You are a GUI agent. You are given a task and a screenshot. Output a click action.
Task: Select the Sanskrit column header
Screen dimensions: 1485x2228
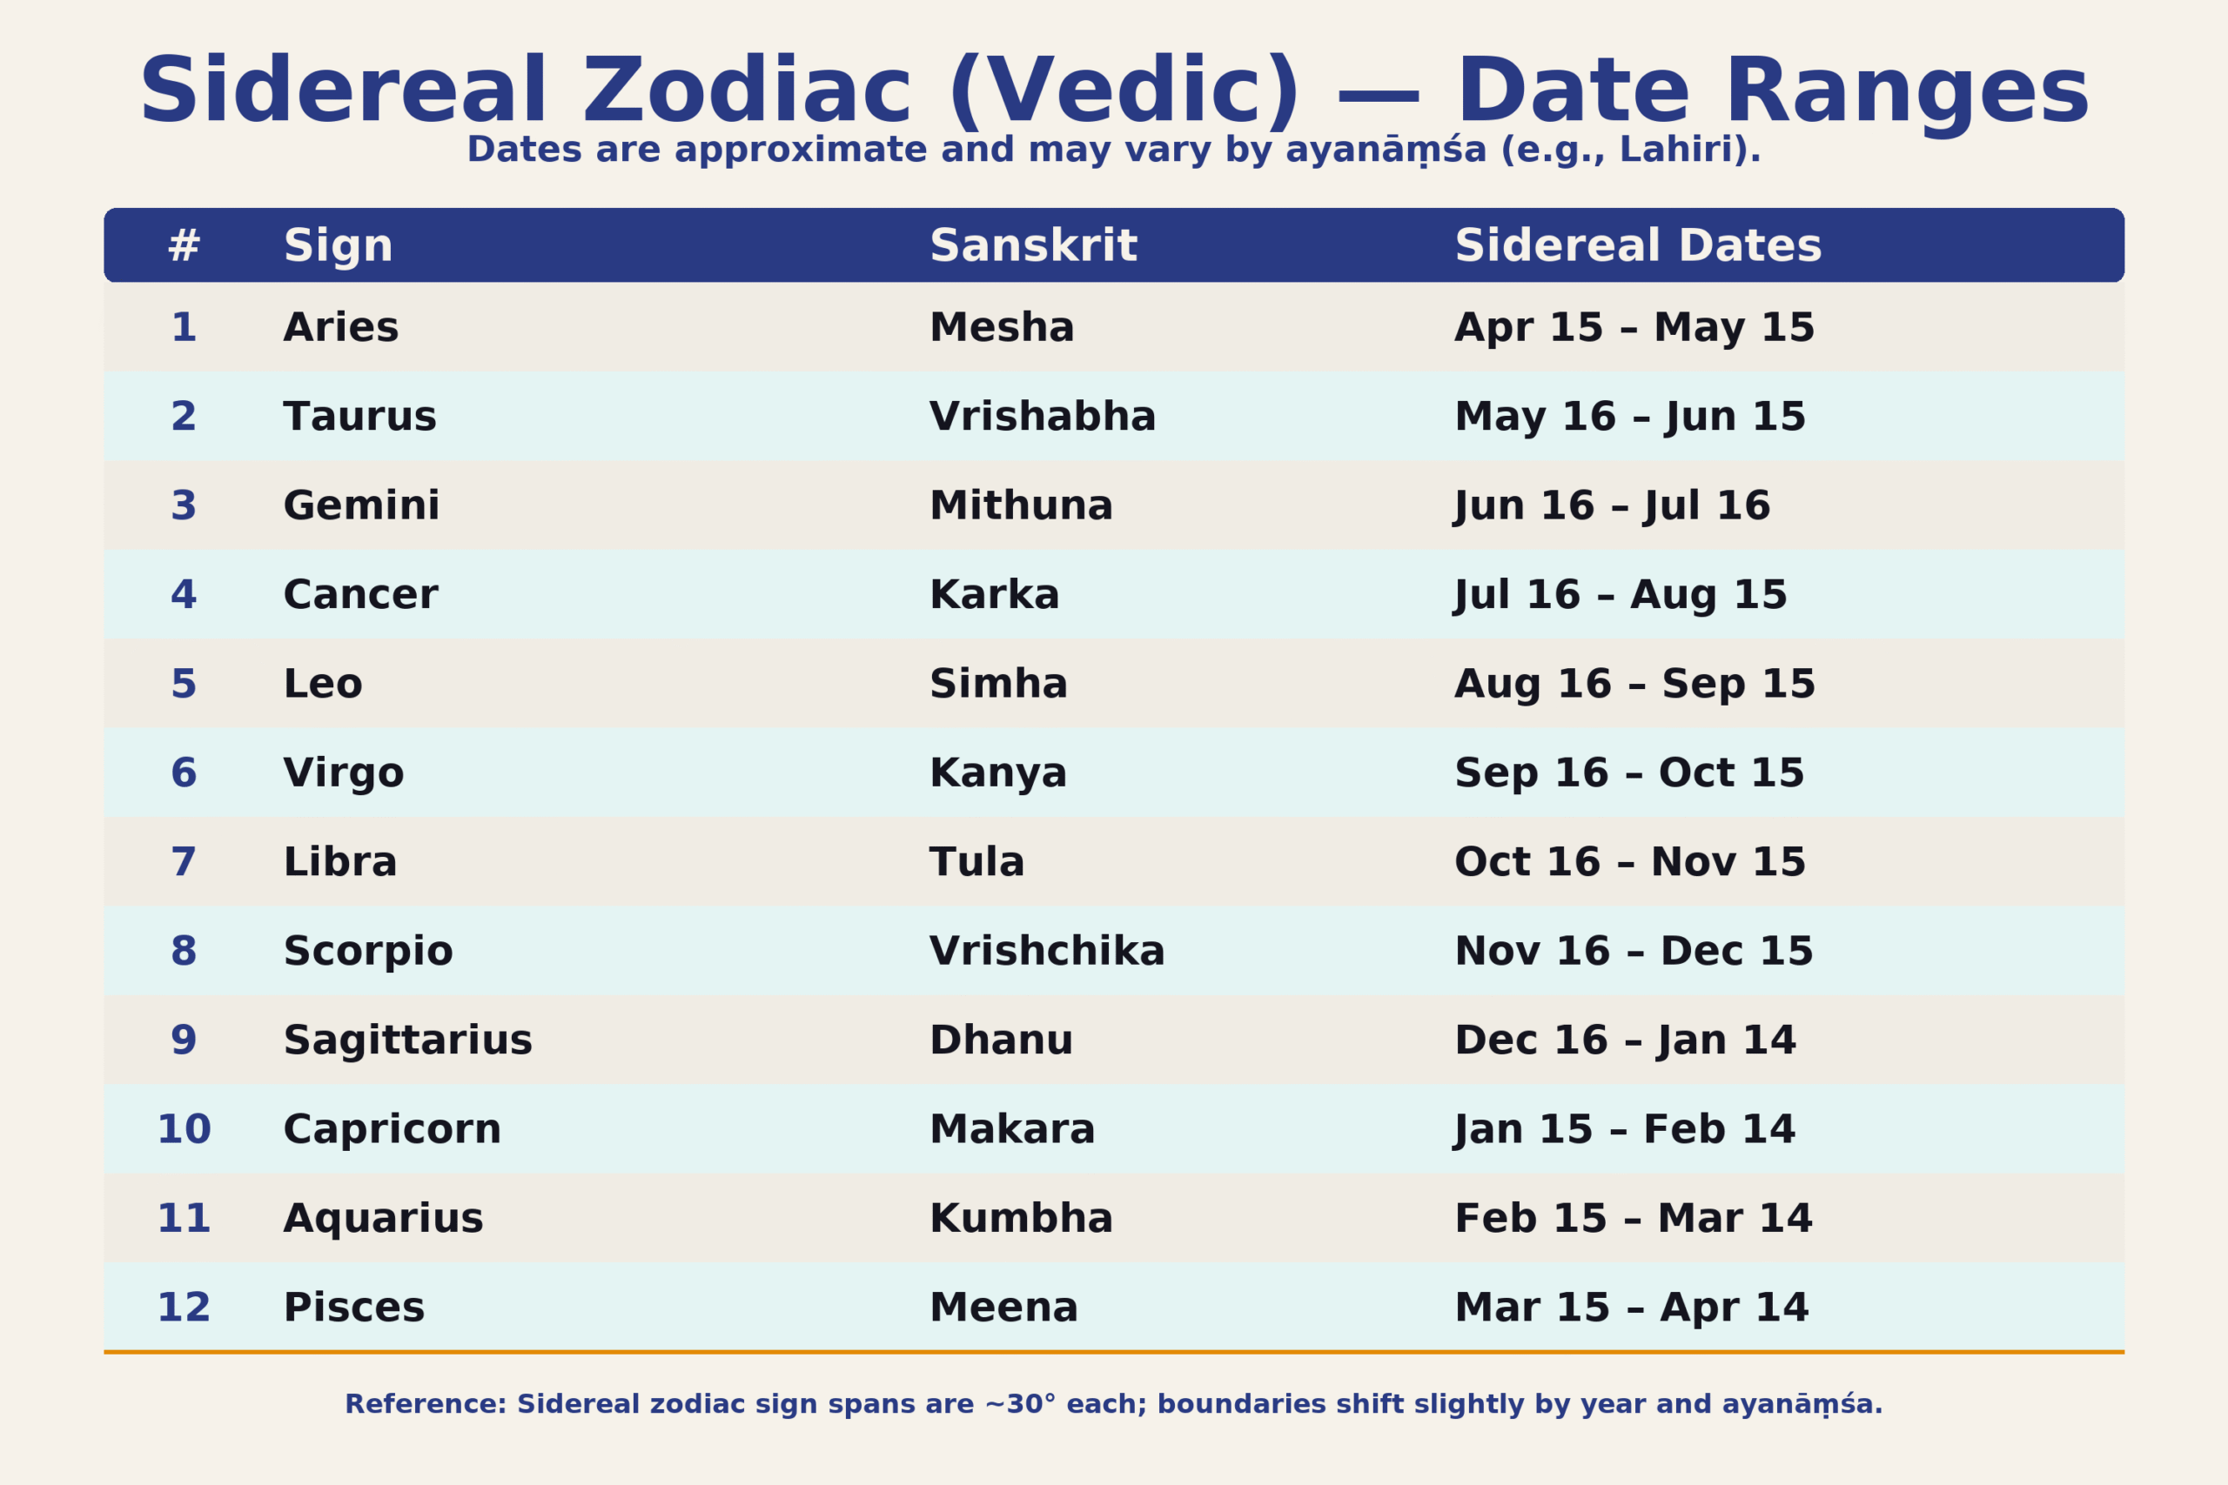pos(1032,246)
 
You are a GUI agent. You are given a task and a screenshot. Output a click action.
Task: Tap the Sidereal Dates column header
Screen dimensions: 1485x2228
pos(1638,246)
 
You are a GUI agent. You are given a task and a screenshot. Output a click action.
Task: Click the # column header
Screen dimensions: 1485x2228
pos(184,246)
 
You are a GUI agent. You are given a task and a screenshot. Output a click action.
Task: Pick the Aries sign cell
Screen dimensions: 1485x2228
pos(341,328)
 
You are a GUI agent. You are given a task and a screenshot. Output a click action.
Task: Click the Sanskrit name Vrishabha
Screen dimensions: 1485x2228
pos(1042,417)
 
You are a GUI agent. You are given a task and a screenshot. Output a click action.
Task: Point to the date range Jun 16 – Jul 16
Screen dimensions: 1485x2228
pos(1611,505)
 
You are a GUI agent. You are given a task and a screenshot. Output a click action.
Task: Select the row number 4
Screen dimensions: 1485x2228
pos(184,595)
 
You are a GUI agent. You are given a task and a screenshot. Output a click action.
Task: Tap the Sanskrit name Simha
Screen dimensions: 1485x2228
pos(998,684)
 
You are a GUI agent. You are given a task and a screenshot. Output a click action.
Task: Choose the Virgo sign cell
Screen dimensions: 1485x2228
pos(344,773)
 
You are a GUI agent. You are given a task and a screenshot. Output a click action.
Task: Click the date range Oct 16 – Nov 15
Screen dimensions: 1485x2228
pos(1629,862)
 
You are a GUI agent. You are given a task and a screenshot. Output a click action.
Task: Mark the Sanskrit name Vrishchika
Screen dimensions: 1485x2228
pos(1047,951)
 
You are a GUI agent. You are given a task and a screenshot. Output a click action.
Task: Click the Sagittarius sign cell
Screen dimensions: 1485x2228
pos(407,1040)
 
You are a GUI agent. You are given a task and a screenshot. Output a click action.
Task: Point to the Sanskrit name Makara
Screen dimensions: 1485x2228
pos(1011,1129)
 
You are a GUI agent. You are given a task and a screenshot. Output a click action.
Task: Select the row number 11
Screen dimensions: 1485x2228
pos(184,1218)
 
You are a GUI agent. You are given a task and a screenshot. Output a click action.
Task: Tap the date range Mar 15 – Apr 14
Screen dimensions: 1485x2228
pos(1631,1307)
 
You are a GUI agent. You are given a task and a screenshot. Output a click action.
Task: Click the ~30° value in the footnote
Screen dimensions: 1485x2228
pos(1019,1404)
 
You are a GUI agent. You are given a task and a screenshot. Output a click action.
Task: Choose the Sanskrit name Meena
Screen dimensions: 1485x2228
pos(1003,1307)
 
